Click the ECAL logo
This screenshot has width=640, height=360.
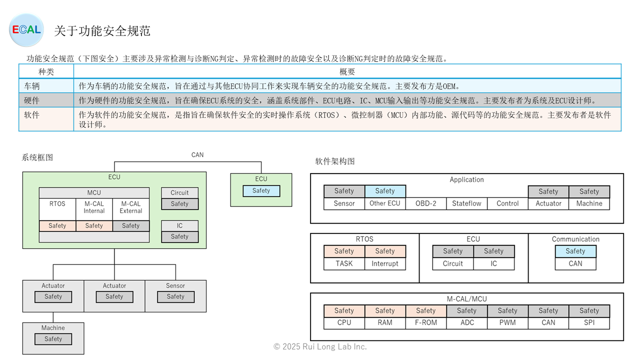[26, 30]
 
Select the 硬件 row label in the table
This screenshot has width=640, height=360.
[32, 100]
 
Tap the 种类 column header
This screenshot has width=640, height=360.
[46, 71]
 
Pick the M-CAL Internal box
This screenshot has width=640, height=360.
[94, 207]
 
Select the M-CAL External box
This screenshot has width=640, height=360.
[131, 207]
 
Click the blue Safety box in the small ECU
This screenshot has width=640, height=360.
[261, 190]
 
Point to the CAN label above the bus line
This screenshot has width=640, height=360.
[197, 154]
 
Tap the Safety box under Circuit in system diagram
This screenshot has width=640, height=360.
[179, 204]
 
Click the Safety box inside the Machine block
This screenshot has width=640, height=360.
[53, 339]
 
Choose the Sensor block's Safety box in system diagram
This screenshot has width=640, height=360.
[175, 296]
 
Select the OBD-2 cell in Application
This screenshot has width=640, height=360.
[426, 203]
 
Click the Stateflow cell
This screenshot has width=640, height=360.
[466, 203]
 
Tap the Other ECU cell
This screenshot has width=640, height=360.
[385, 203]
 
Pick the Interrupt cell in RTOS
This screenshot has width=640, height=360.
[385, 263]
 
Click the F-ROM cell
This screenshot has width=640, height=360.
[426, 322]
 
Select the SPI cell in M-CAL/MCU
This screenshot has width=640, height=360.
[589, 322]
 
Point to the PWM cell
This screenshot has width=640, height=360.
[507, 322]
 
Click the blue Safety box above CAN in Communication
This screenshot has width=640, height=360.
[575, 251]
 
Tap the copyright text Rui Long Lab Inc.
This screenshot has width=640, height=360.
[320, 346]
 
